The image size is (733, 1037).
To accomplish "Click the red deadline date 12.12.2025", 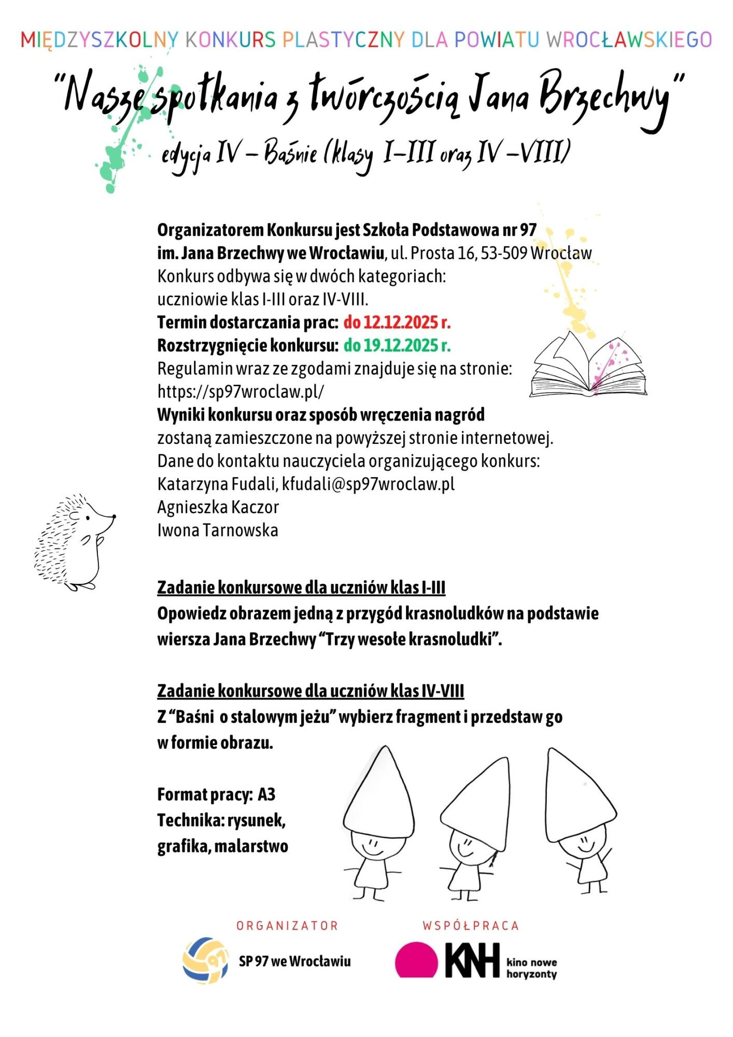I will pos(397,323).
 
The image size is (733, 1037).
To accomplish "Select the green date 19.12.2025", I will pos(397,345).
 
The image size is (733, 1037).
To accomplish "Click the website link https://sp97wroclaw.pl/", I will pos(241,391).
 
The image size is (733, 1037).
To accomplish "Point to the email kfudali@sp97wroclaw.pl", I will pos(368,484).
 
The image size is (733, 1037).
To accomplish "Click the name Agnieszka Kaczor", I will pos(218,507).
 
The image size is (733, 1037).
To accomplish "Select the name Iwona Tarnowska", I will pos(218,530).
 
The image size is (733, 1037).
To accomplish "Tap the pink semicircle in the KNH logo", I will pos(416,960).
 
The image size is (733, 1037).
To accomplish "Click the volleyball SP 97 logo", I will pos(205,960).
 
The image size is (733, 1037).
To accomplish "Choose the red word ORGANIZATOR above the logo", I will pos(287,926).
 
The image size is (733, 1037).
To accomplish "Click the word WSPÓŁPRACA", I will pos(470,926).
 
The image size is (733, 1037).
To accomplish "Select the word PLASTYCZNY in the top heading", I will pos(343,40).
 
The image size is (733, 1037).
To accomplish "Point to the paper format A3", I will pos(266,795).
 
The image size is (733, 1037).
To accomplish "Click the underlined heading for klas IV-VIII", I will pos(311,691).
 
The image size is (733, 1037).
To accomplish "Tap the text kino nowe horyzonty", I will pos(531,968).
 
